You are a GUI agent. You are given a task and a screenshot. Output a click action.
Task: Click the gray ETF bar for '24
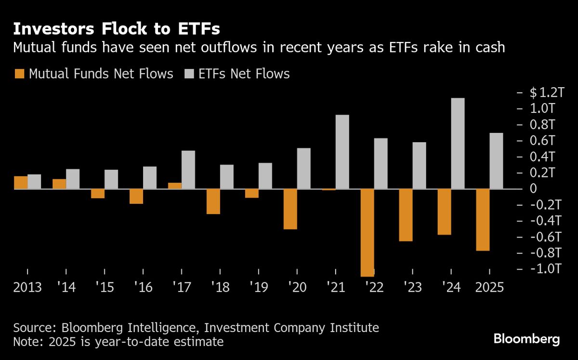[x=458, y=143]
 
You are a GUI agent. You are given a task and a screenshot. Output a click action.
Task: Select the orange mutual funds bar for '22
[x=368, y=232]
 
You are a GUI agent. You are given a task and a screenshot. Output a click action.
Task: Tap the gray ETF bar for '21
[x=342, y=152]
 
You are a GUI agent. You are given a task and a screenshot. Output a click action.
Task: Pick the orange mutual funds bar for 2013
[x=21, y=183]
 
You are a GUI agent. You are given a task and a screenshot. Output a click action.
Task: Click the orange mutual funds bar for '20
[x=290, y=209]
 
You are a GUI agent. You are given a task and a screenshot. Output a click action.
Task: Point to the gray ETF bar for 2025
[x=497, y=161]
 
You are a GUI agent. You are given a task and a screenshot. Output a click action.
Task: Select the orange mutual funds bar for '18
[x=213, y=201]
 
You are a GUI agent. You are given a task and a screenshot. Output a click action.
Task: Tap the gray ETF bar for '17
[x=188, y=170]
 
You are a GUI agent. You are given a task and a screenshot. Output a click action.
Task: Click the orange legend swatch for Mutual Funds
[x=19, y=74]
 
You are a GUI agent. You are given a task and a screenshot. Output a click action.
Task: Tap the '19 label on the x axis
[x=259, y=287]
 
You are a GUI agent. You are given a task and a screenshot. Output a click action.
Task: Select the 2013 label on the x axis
[x=27, y=287]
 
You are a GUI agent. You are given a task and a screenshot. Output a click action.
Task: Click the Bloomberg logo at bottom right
[x=526, y=339]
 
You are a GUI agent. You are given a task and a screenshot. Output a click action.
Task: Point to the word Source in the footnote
[x=34, y=328]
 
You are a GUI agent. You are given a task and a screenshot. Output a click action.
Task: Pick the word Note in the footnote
[x=27, y=342]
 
